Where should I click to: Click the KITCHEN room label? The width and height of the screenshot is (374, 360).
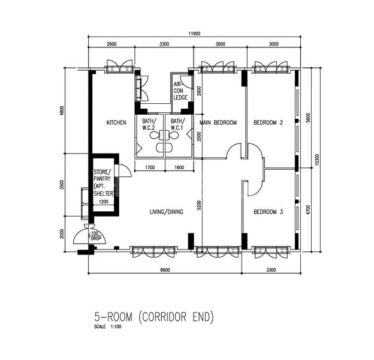tap(116, 122)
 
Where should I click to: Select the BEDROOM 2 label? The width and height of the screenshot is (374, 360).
tap(268, 122)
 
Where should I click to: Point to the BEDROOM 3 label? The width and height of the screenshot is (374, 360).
tap(268, 212)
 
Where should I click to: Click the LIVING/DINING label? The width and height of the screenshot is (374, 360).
tap(166, 212)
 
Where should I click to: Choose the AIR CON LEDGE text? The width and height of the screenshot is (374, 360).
tap(180, 90)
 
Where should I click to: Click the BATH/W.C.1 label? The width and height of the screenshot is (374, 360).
tap(177, 124)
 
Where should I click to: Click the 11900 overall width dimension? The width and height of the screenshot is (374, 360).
tap(195, 34)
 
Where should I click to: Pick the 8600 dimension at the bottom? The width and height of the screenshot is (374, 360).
tap(165, 270)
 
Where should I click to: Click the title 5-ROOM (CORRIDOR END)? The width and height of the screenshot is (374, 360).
tap(153, 316)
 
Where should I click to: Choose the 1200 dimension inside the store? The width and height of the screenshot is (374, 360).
tap(103, 202)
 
